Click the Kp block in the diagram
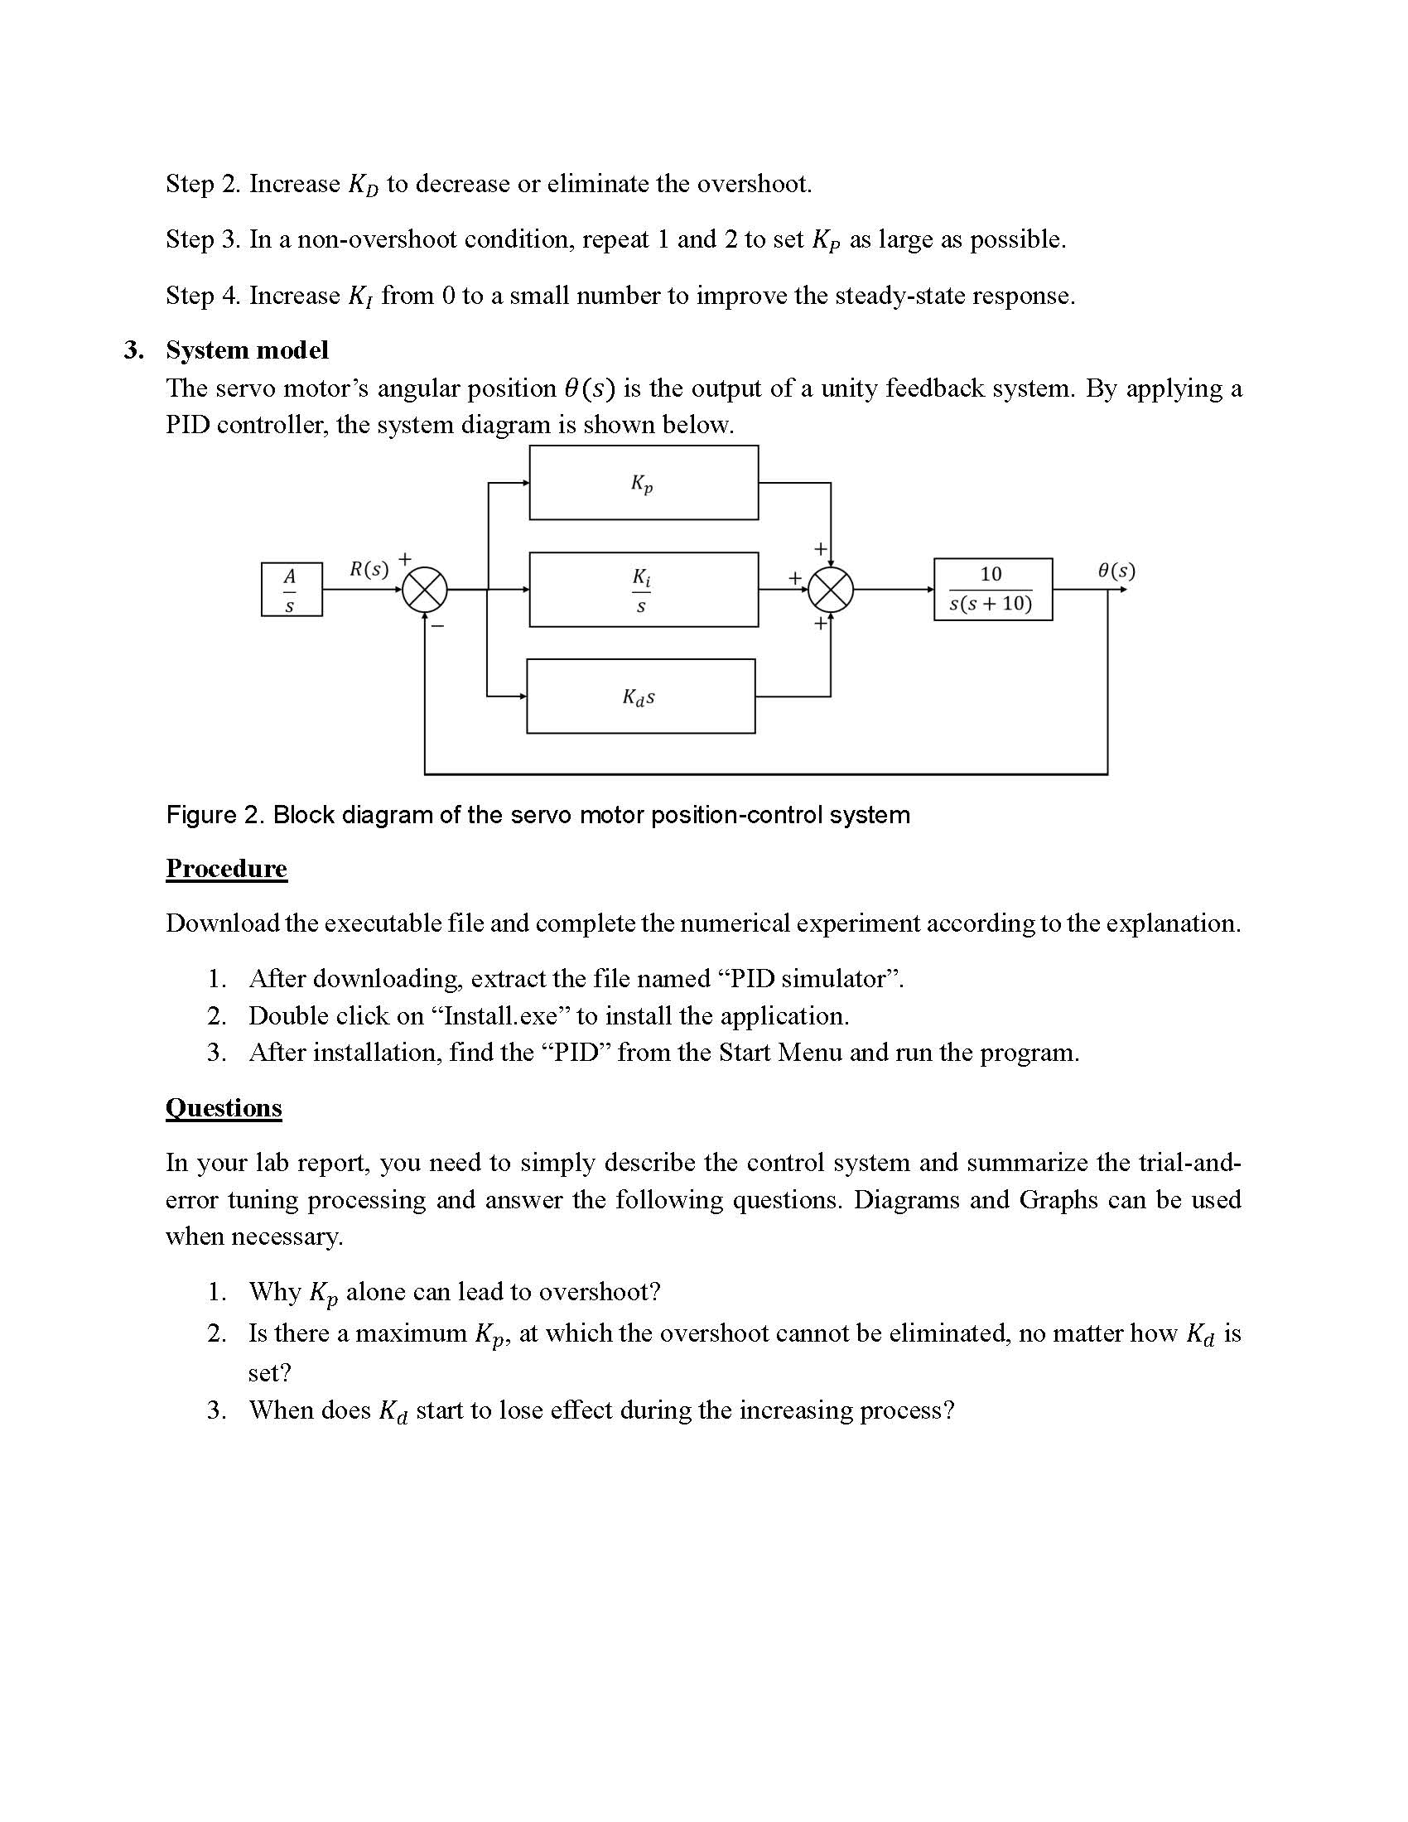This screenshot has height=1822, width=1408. (643, 482)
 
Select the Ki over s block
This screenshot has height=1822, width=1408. (643, 589)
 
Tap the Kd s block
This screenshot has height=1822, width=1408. (639, 696)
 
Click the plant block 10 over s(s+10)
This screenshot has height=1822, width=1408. (991, 589)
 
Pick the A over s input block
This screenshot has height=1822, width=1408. (291, 589)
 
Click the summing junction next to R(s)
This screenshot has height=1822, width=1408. (426, 590)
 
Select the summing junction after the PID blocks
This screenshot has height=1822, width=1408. (831, 589)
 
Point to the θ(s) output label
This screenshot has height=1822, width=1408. (1116, 571)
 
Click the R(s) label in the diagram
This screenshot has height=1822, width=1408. (369, 569)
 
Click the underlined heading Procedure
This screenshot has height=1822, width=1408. (226, 869)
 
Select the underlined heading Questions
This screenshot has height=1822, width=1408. (224, 1107)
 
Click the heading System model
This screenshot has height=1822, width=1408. (247, 349)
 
